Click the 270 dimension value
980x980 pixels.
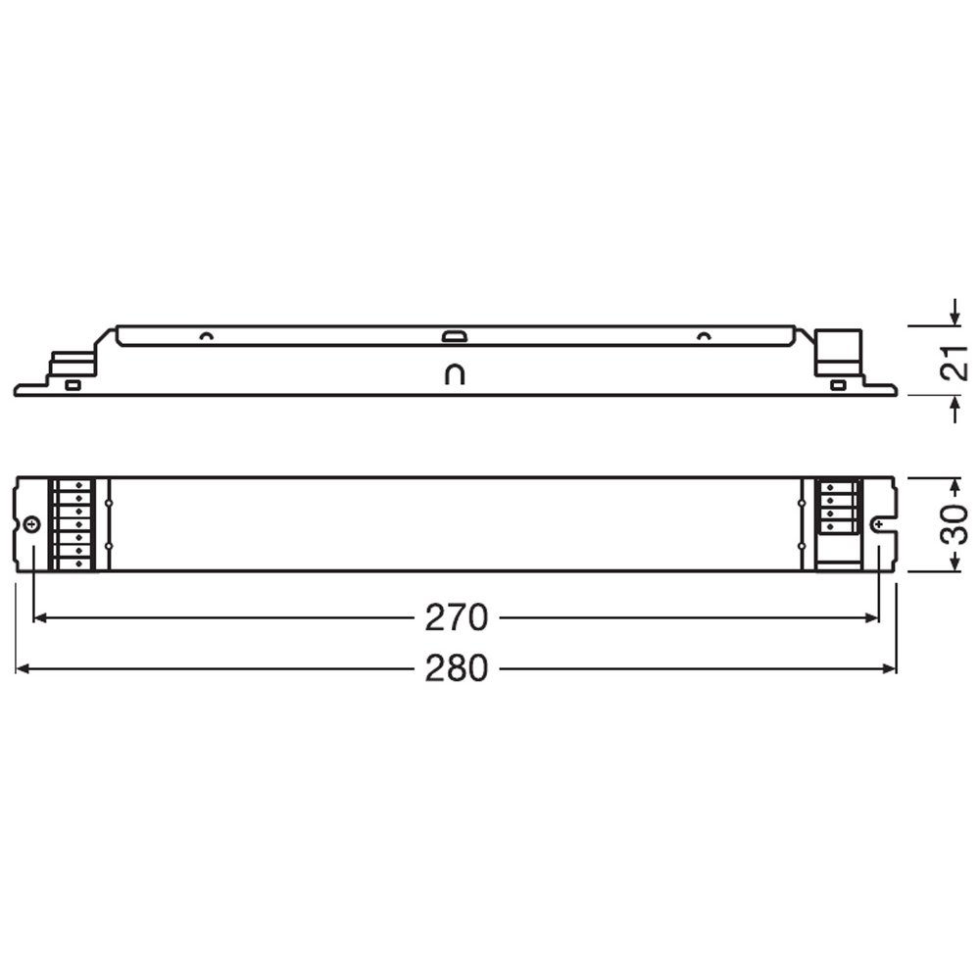tap(456, 618)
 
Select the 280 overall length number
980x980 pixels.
tap(456, 668)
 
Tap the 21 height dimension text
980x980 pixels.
tap(955, 361)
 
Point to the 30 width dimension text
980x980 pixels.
tap(955, 523)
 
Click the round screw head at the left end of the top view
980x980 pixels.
tap(31, 525)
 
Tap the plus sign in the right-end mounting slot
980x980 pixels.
tap(880, 523)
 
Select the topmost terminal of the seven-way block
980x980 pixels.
tap(79, 485)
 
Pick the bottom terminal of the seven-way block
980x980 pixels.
tap(79, 563)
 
